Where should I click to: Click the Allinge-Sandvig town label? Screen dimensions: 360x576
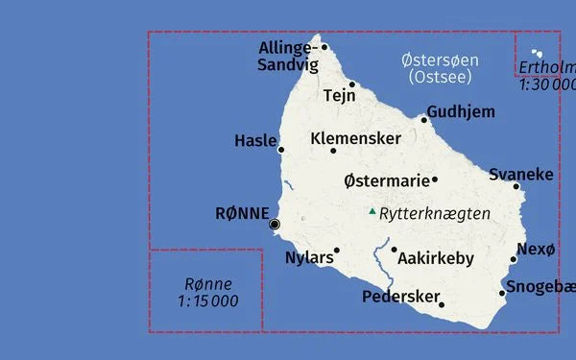coord(286,57)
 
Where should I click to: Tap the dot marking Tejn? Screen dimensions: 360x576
coord(352,84)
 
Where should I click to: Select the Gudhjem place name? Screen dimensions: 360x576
coord(461,111)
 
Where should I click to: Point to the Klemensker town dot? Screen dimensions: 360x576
coord(333,151)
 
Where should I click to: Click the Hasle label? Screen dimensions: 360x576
coord(255,141)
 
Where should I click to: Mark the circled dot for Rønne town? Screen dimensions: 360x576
coord(275,224)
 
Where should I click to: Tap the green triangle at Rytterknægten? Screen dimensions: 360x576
coord(372,211)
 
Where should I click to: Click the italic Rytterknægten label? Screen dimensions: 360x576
coord(434,213)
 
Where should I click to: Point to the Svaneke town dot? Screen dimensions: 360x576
coord(516,186)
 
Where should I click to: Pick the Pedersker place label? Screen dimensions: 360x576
coord(400,297)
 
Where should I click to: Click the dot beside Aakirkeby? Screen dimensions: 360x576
coord(394,250)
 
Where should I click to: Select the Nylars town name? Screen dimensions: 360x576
coord(309,257)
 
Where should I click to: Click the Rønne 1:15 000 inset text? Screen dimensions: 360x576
coord(208,292)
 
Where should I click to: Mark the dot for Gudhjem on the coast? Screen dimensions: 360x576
coord(423,120)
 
